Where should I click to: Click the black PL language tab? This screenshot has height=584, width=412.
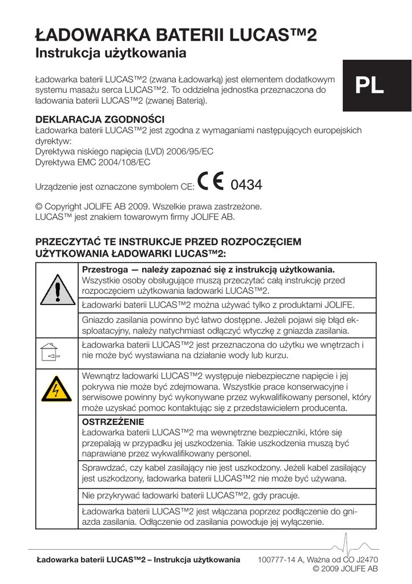click(x=370, y=86)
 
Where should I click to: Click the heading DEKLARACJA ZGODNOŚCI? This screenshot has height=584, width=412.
click(x=100, y=120)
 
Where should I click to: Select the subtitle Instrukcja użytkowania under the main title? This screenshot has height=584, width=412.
click(x=111, y=54)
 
